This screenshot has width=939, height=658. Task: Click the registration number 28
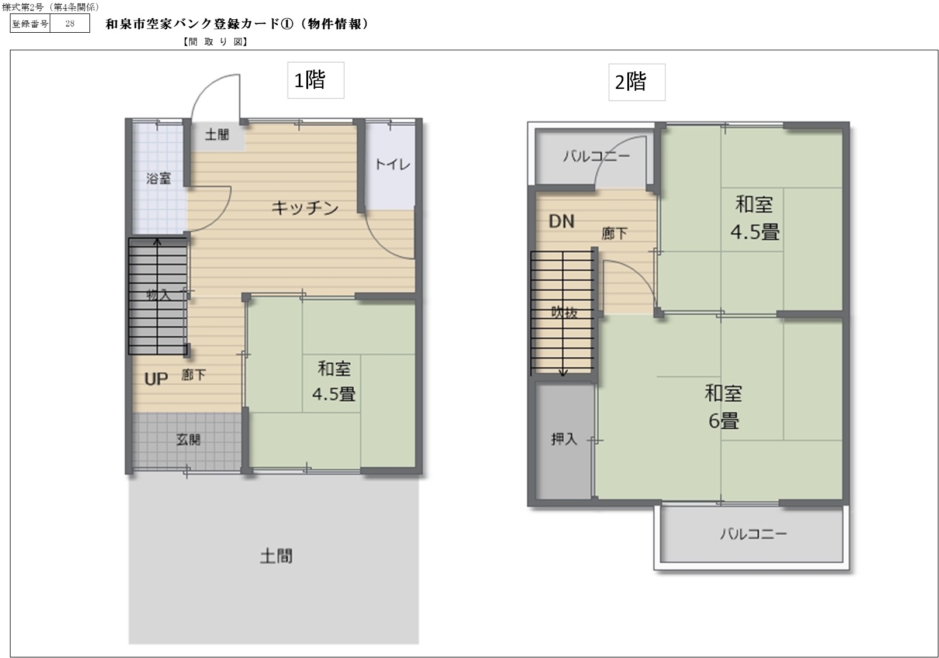[x=70, y=23]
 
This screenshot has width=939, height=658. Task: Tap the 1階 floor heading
[x=310, y=80]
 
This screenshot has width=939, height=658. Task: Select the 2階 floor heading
[x=630, y=82]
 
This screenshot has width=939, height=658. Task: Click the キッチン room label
[x=305, y=208]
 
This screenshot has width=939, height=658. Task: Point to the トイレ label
[x=392, y=164]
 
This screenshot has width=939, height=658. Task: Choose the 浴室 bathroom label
[x=158, y=178]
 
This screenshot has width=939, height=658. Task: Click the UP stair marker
[x=156, y=379]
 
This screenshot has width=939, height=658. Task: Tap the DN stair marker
[x=561, y=222]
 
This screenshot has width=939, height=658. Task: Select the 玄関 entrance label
[x=188, y=439]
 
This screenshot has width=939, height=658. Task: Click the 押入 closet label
[x=564, y=439]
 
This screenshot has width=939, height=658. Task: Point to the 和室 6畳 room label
[x=723, y=407]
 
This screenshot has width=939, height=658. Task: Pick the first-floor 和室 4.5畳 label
[x=334, y=381]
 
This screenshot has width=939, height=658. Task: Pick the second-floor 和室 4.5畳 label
[x=755, y=218]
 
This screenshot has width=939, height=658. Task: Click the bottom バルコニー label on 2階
[x=753, y=534]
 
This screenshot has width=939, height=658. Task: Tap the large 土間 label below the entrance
[x=276, y=556]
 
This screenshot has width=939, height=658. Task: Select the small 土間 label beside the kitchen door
[x=217, y=135]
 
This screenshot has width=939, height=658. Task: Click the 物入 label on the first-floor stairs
[x=158, y=295]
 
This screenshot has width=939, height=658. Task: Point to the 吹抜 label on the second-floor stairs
[x=564, y=312]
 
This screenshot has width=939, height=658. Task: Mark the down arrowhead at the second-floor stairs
[x=563, y=373]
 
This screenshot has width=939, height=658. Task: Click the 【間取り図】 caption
[x=216, y=42]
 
